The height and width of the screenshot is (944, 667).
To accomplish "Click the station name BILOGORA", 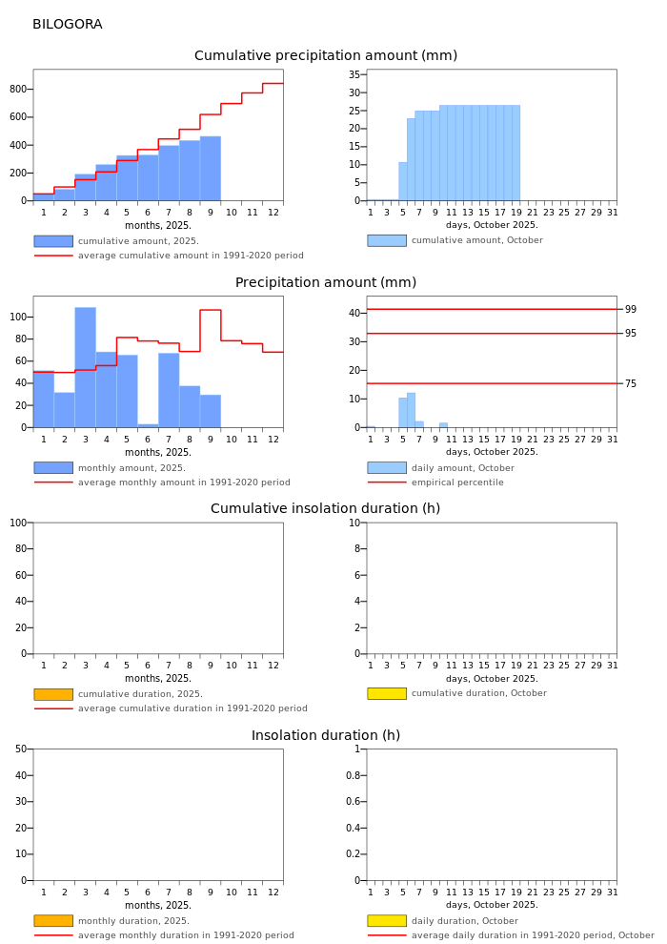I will (x=67, y=25).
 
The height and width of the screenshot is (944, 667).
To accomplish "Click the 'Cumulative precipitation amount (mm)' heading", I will (x=326, y=56).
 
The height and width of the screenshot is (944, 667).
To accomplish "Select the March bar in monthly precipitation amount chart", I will (x=85, y=367).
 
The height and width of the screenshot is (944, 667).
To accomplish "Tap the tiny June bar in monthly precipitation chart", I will (x=148, y=425).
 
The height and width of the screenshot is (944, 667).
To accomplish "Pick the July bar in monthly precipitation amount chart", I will (x=169, y=390).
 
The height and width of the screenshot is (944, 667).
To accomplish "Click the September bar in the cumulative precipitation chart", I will (x=211, y=169).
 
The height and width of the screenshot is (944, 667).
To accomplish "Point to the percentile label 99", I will (x=631, y=310).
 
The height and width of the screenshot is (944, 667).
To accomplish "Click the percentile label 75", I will (x=631, y=384).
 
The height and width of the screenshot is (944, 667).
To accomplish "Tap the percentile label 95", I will (x=631, y=334).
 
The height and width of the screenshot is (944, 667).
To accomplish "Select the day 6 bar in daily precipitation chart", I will (x=411, y=410).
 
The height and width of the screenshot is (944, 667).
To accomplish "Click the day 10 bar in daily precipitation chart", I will (x=443, y=424).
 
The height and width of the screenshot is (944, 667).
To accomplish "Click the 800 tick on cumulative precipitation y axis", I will (x=18, y=90).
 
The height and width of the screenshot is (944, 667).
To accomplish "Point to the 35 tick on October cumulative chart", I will (x=354, y=74).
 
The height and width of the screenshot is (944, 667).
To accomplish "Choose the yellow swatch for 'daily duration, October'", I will (x=386, y=921).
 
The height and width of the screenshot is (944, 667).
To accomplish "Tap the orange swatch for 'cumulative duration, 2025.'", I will (x=52, y=694).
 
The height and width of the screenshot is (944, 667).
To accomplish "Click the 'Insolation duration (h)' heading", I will (x=326, y=736).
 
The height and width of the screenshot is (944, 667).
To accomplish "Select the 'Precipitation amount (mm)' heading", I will (x=326, y=283).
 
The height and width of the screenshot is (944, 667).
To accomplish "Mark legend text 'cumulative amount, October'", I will (x=476, y=240).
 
